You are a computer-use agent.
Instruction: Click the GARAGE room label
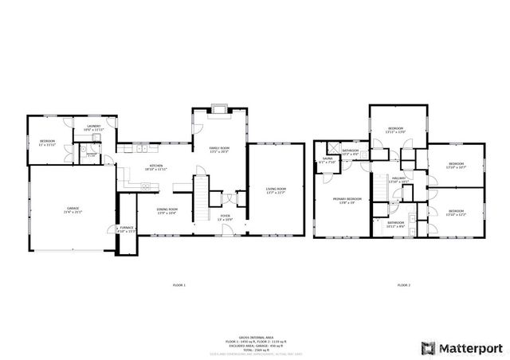pos(67,210)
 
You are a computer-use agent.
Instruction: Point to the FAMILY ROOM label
pos(219,149)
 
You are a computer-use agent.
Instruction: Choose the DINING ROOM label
pos(167,210)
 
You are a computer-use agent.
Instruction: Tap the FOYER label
pos(226,216)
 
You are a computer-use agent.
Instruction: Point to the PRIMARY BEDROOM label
pos(347,200)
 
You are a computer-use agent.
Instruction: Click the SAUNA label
pos(327,160)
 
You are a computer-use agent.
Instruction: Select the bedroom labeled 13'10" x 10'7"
pos(456,166)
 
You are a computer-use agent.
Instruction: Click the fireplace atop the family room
pos(220,110)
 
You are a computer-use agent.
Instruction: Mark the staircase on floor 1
pos(202,194)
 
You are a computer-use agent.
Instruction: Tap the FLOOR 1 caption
pos(178,284)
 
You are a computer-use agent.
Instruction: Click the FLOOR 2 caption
pos(403,284)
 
